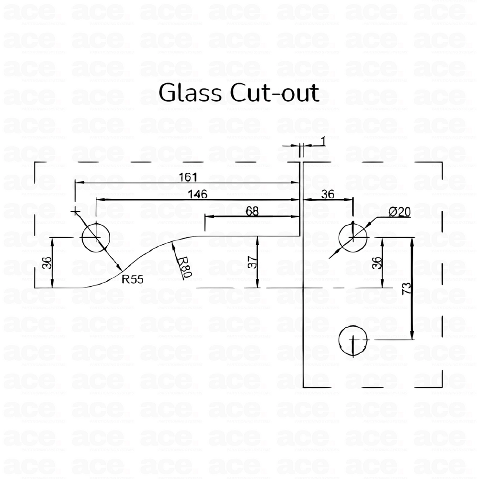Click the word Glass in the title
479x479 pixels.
(x=189, y=93)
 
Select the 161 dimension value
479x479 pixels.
(x=188, y=177)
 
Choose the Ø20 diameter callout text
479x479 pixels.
(x=399, y=212)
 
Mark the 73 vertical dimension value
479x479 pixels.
(x=407, y=288)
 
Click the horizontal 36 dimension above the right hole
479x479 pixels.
(x=328, y=194)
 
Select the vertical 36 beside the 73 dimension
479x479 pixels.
(x=377, y=262)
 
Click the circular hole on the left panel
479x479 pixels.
(x=96, y=237)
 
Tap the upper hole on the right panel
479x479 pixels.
(x=353, y=237)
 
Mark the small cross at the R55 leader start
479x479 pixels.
(x=75, y=211)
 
